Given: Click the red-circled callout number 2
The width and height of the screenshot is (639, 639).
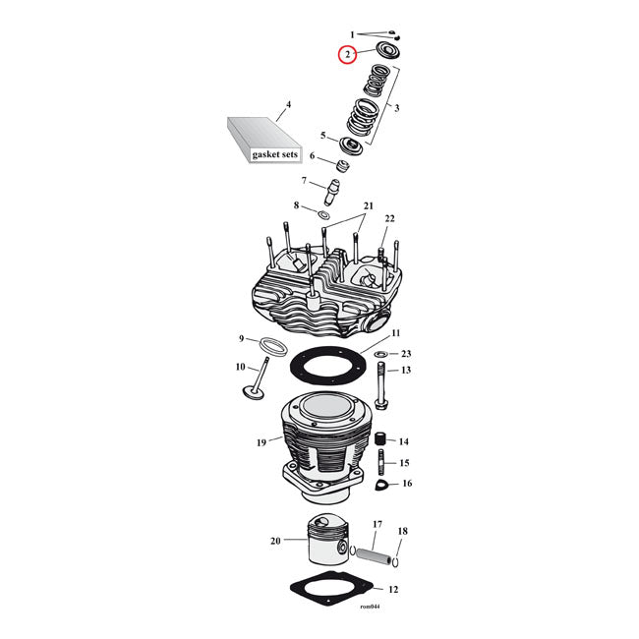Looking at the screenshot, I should (347, 55).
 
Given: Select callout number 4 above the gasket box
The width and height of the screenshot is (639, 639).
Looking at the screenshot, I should (288, 104).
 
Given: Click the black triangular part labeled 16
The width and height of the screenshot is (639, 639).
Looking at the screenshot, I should (381, 484).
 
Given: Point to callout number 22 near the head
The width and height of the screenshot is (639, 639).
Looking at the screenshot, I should (389, 218).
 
